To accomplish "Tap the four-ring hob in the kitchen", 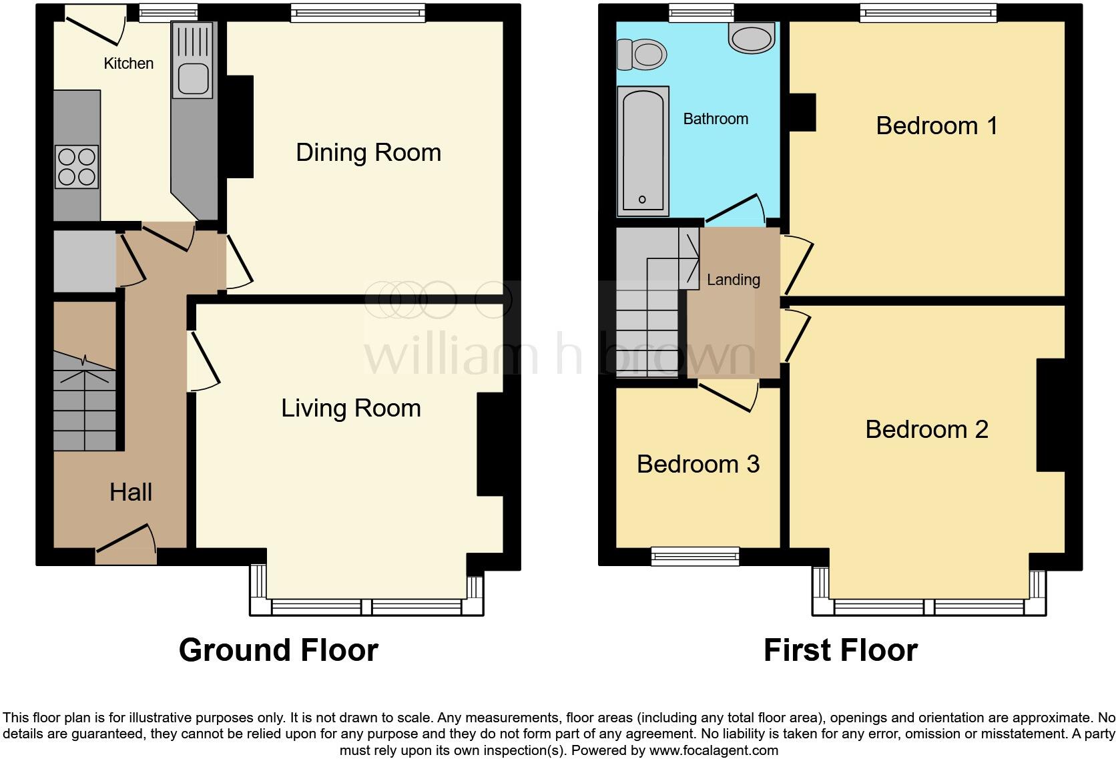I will tap(77, 166).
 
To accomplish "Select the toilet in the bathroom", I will tap(643, 54).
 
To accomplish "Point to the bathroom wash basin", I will tap(752, 38).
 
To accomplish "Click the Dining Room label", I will tap(368, 153).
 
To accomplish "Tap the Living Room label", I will tap(350, 408).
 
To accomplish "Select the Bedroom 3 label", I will tap(698, 464).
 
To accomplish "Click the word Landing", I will tap(733, 280).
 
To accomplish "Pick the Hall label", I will tap(131, 493).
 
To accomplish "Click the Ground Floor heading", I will tap(278, 650).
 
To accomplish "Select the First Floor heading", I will tap(840, 650).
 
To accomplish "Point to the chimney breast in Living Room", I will tap(490, 444).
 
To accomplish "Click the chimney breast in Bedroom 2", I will tap(1050, 415).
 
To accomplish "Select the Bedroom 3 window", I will tap(695, 556).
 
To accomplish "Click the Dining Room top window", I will tap(358, 12).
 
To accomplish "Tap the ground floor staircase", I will tap(85, 407).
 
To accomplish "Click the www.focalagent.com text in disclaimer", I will tap(713, 750).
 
